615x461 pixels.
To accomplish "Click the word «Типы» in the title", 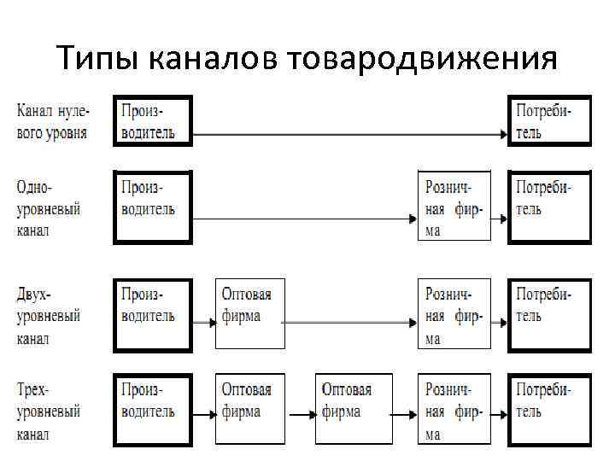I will (97, 60).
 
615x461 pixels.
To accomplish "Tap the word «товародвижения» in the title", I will (424, 60).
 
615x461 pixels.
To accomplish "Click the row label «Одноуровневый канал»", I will (49, 208).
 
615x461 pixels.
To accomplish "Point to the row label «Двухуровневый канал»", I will (49, 315).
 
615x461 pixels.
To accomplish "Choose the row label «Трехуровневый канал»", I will (49, 411).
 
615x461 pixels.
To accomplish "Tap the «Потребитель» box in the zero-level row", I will (548, 121).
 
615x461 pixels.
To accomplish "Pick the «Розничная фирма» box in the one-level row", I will (454, 207).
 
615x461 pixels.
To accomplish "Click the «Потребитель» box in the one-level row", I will (548, 207).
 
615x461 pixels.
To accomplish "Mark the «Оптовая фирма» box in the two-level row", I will (249, 314).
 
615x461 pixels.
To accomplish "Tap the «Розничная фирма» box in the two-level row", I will (454, 314).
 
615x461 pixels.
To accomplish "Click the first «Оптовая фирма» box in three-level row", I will (249, 409).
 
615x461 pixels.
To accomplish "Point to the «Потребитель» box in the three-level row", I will (548, 409).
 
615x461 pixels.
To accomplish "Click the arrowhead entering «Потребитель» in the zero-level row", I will (504, 133).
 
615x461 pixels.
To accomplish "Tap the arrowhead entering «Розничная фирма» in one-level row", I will (413, 219).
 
